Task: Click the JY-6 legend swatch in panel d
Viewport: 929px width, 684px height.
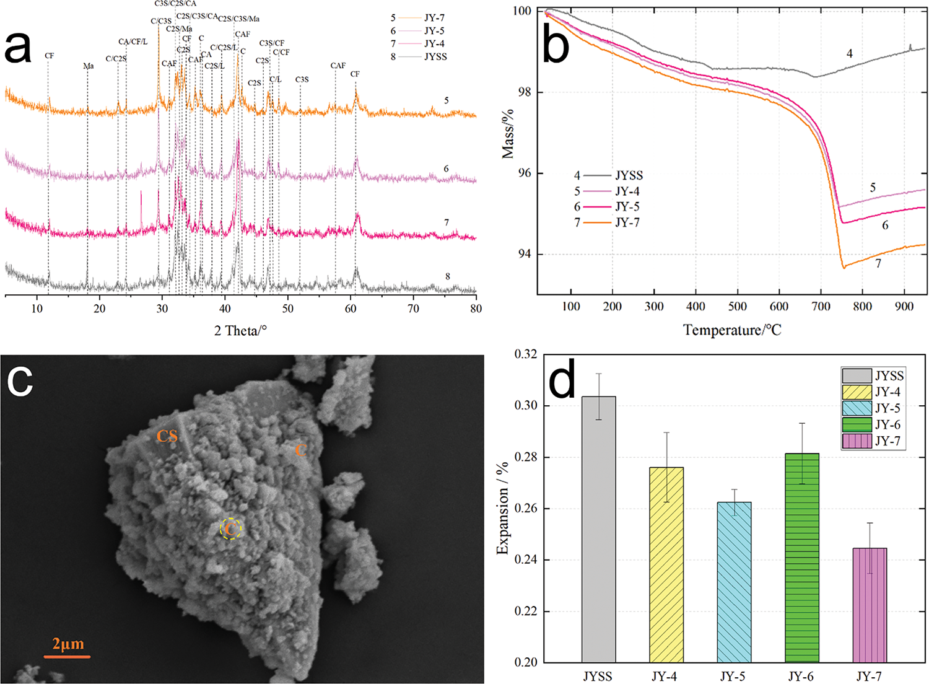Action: (857, 425)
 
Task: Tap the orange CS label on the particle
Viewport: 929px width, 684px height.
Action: (167, 436)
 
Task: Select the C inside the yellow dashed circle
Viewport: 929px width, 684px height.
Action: (230, 529)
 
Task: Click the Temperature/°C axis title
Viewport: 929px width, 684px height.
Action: (732, 330)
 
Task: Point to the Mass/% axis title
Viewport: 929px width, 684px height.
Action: (508, 134)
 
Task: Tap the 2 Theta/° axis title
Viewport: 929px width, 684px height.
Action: (240, 330)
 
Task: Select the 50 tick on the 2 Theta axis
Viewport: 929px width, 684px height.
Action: (288, 308)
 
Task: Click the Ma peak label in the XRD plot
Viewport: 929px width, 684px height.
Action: (89, 66)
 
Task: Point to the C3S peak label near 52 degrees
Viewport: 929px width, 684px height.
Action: (302, 80)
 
